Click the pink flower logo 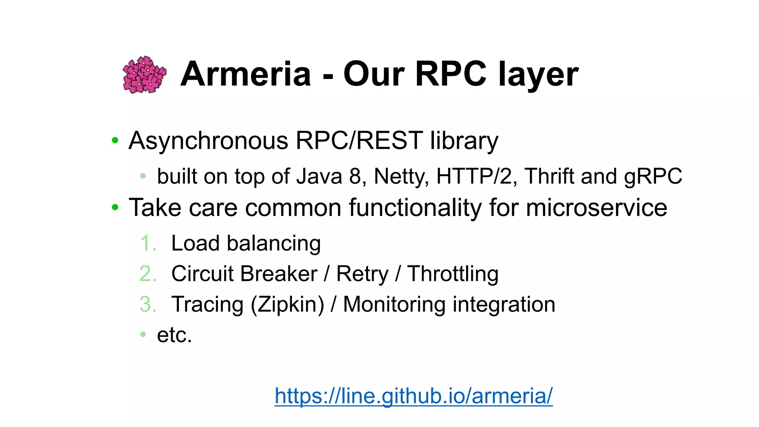pyautogui.click(x=144, y=75)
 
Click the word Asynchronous pyautogui.click(x=208, y=141)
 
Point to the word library pyautogui.click(x=464, y=141)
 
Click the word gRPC pyautogui.click(x=653, y=176)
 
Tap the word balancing pyautogui.click(x=274, y=244)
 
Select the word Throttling pyautogui.click(x=453, y=274)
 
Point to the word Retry pyautogui.click(x=362, y=274)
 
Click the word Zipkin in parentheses pyautogui.click(x=287, y=305)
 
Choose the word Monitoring pyautogui.click(x=394, y=305)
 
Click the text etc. pyautogui.click(x=174, y=335)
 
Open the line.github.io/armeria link pyautogui.click(x=414, y=396)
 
